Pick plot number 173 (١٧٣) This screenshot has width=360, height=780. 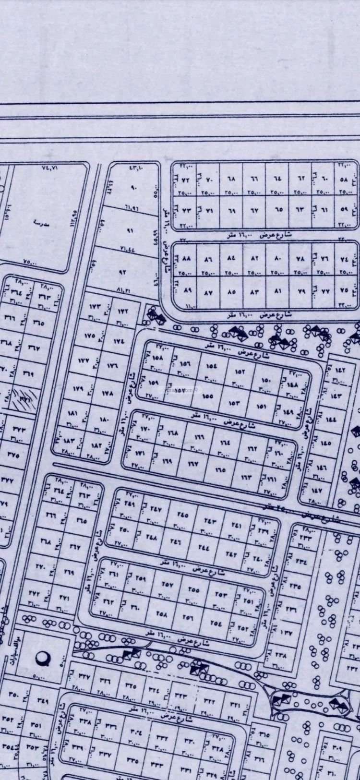(94, 306)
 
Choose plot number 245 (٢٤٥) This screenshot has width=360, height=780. (182, 515)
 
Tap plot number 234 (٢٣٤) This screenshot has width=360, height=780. (302, 561)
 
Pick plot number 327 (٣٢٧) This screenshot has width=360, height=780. (84, 677)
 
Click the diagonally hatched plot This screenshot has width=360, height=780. (25, 396)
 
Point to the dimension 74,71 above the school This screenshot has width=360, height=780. (49, 168)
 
